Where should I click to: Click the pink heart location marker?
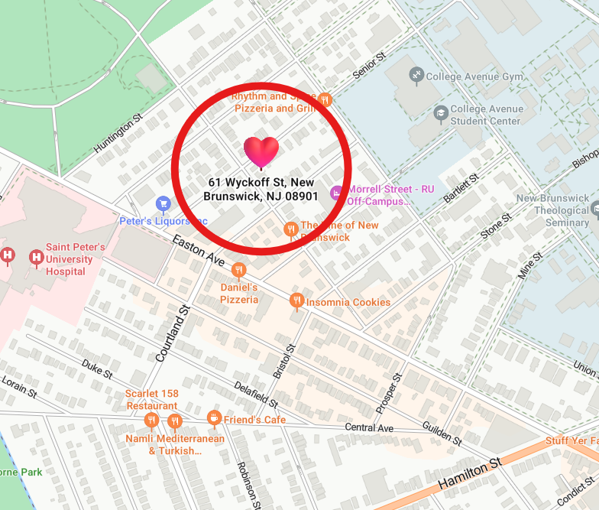pyautogui.click(x=261, y=151)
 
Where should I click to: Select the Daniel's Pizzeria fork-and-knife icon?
pyautogui.click(x=239, y=270)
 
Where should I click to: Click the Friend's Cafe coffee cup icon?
pyautogui.click(x=214, y=417)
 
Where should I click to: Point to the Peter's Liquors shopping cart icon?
pyautogui.click(x=163, y=203)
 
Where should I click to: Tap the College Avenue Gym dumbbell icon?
pyautogui.click(x=416, y=75)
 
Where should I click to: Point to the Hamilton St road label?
pyautogui.click(x=469, y=474)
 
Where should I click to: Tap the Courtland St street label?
pyautogui.click(x=172, y=334)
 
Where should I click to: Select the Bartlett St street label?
pyautogui.click(x=461, y=188)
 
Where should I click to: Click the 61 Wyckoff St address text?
pyautogui.click(x=261, y=189)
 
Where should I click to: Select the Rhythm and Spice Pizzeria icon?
pyautogui.click(x=325, y=99)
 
